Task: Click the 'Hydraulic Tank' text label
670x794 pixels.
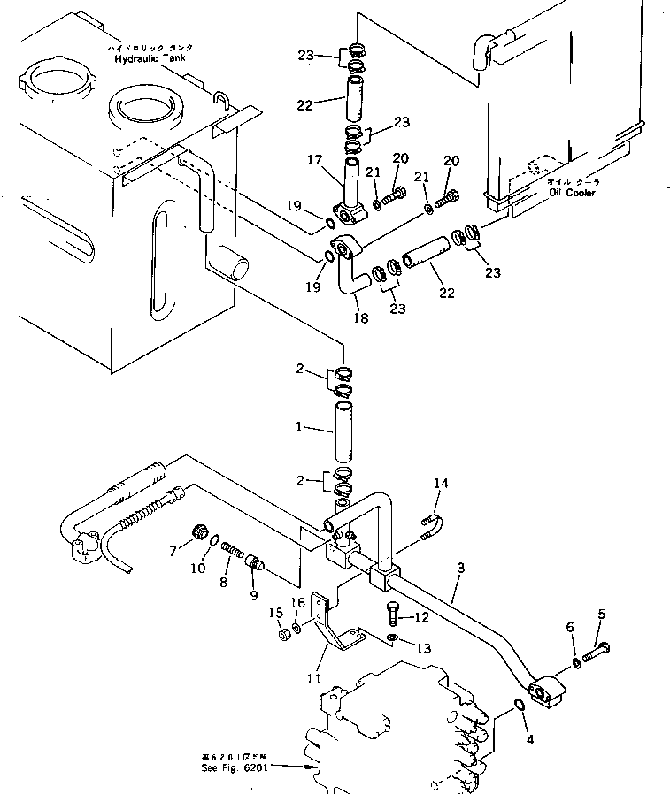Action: pyautogui.click(x=150, y=57)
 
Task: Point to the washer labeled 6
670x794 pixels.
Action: pyautogui.click(x=576, y=662)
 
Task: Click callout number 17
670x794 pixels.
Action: pyautogui.click(x=312, y=161)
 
